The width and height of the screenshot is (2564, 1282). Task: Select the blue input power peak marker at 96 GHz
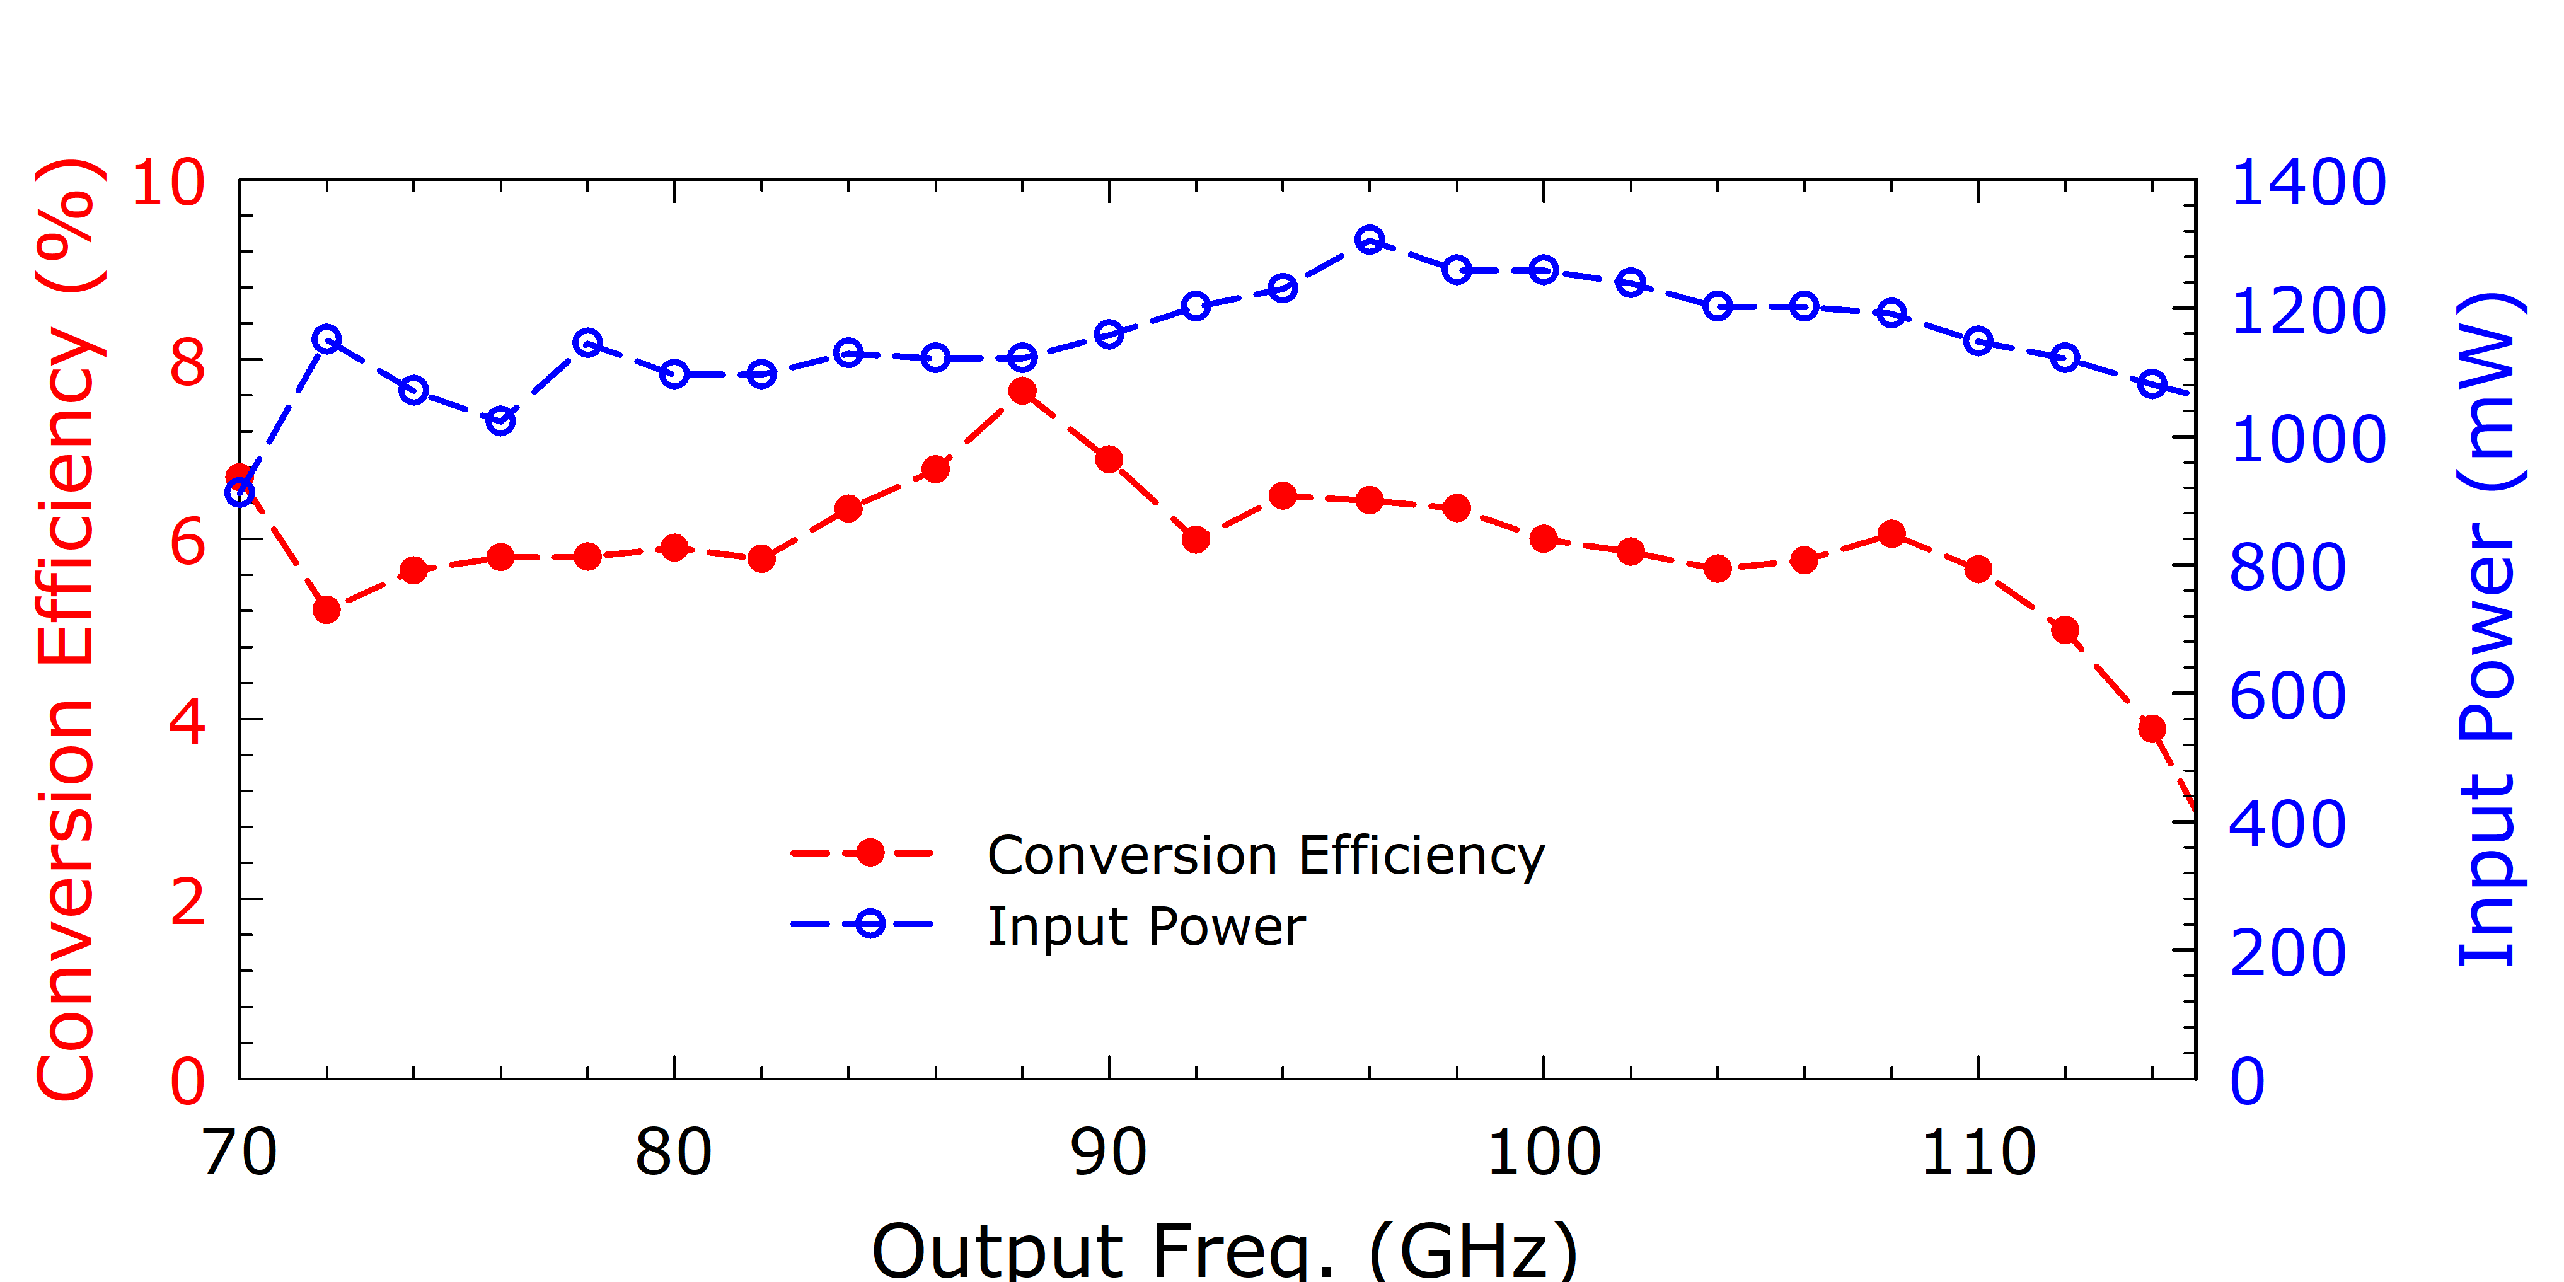tap(1370, 240)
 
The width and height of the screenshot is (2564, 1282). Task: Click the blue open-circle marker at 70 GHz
tap(240, 492)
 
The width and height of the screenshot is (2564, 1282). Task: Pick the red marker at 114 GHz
tap(2152, 729)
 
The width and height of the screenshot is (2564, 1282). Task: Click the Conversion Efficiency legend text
tap(1266, 855)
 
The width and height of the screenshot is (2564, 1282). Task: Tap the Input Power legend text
tap(1146, 927)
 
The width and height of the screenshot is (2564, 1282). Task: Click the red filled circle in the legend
tap(870, 853)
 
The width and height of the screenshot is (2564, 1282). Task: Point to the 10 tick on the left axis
tap(167, 183)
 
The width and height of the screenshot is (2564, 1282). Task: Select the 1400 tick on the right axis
tap(2308, 183)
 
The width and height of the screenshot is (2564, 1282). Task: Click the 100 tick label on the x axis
tap(1543, 1153)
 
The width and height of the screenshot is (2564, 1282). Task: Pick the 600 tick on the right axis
tap(2287, 696)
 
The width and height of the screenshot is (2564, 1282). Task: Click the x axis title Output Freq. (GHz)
tap(1224, 1250)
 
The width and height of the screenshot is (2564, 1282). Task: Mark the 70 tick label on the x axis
tap(240, 1153)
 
